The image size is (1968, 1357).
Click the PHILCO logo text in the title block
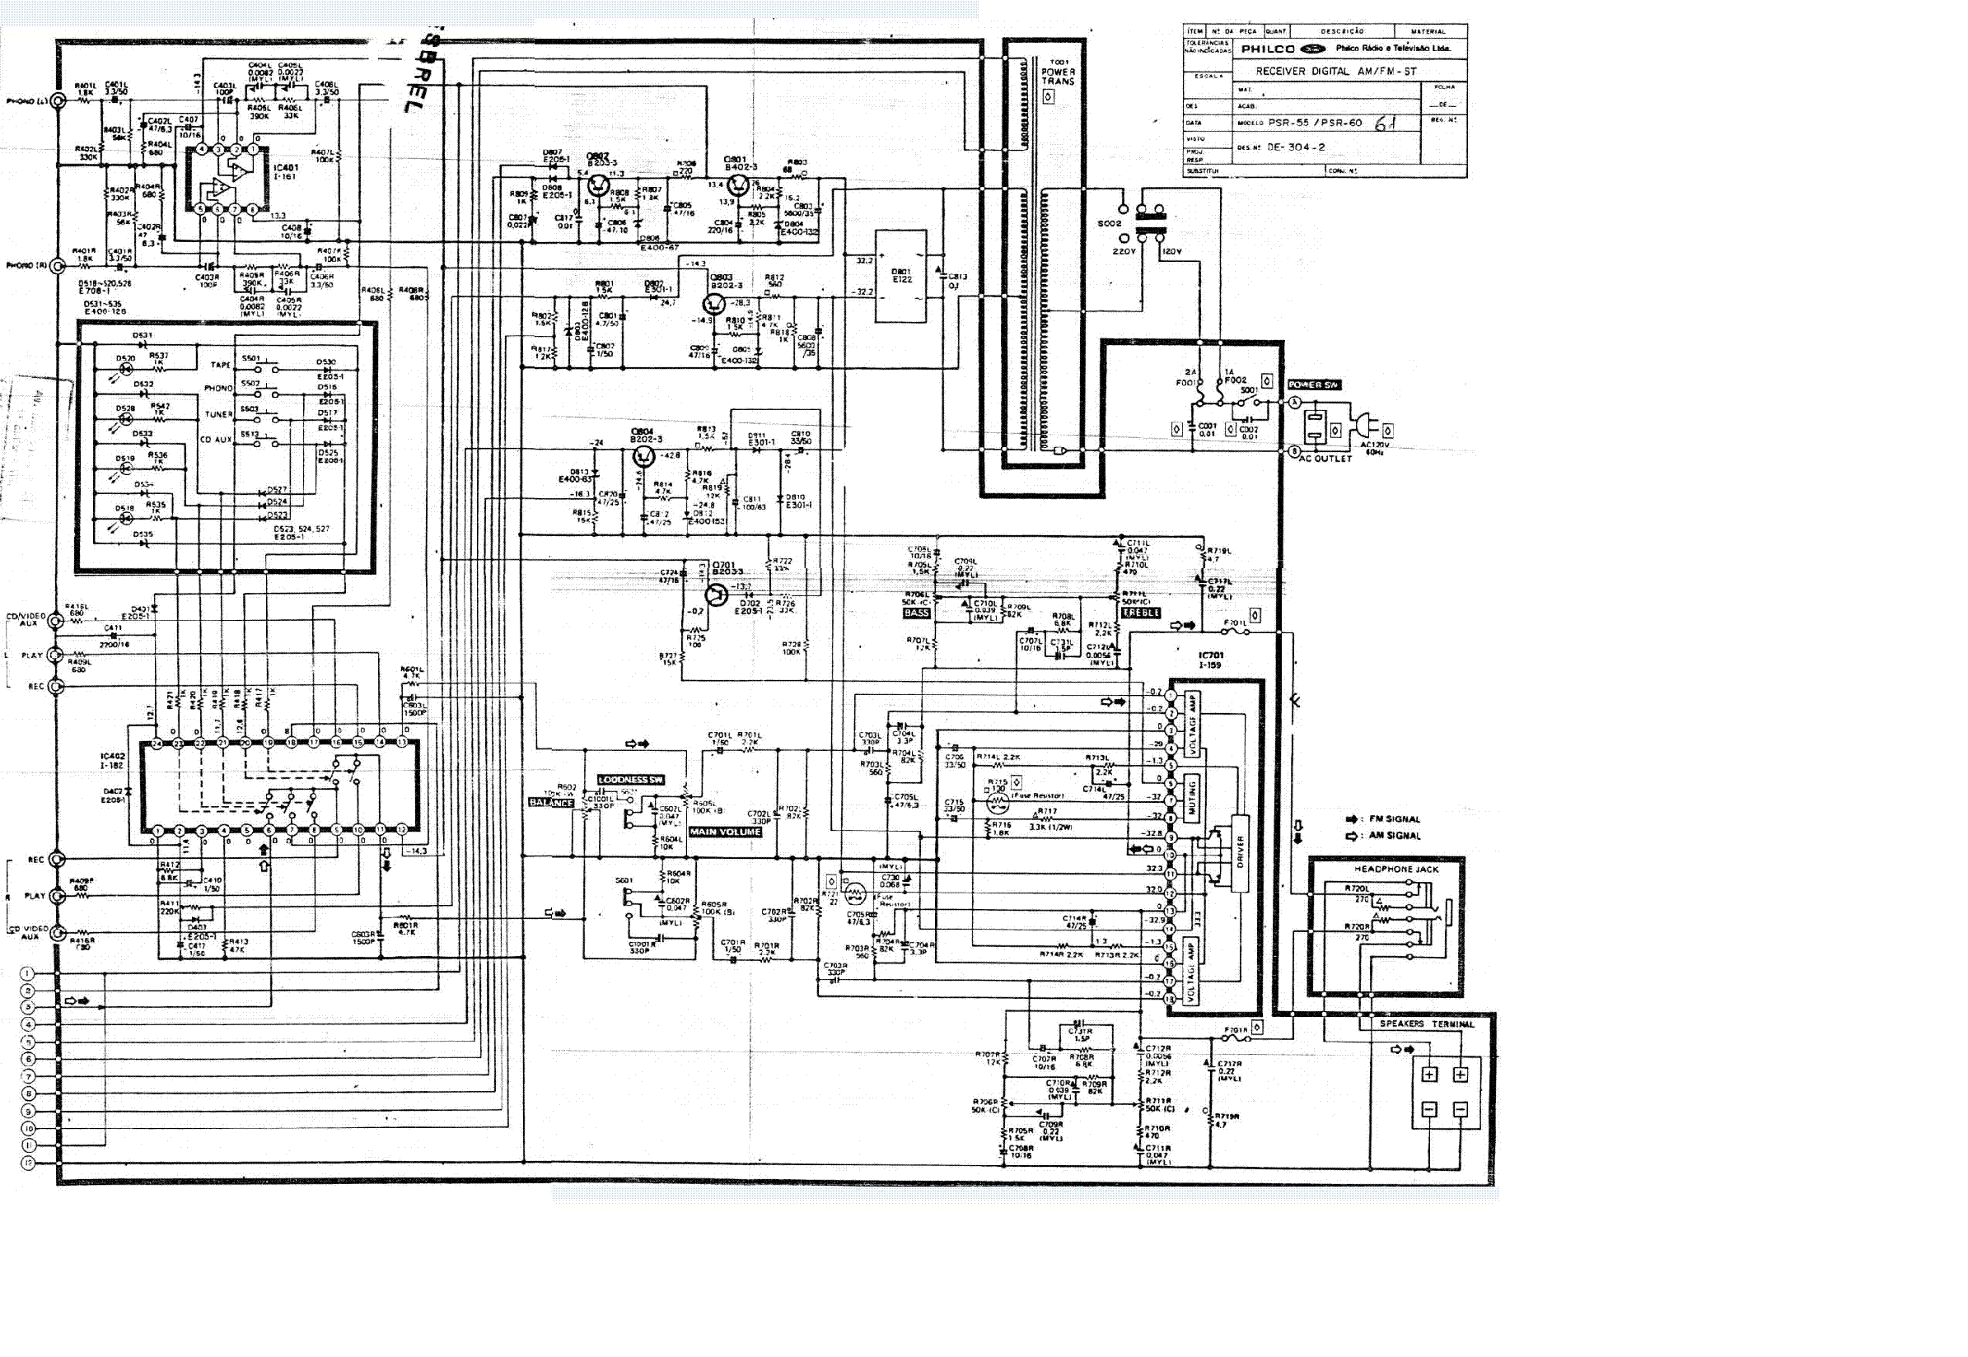pos(1267,49)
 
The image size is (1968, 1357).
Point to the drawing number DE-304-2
pos(1296,147)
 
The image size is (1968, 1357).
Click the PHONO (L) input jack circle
pos(58,101)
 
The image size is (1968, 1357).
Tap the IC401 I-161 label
pos(286,172)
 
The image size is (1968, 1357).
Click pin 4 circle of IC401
pos(202,149)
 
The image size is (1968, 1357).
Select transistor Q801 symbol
pos(738,186)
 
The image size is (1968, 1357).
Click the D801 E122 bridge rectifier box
pos(900,277)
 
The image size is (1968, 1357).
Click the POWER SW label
pos(1314,385)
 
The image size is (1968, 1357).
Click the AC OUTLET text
pos(1325,459)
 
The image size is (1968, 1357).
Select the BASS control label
pos(917,613)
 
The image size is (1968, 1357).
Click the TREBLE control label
pos(1141,613)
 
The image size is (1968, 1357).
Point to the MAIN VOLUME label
pos(726,832)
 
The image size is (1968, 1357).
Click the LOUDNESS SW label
pos(630,780)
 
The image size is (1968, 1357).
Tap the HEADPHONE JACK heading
pos(1385,870)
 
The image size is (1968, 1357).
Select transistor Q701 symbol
pos(716,595)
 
